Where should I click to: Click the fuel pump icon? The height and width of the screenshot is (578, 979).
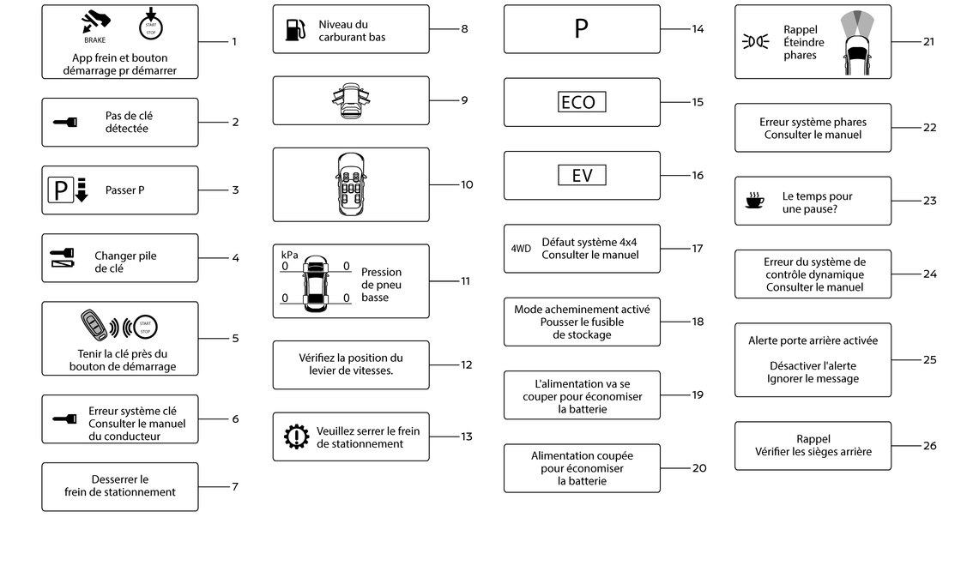(295, 29)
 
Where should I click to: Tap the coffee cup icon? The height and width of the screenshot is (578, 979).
(755, 201)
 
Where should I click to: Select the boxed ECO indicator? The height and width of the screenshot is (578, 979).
(581, 102)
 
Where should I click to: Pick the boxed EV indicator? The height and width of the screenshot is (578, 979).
(581, 176)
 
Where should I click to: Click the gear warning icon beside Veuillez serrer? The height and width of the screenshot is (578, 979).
(296, 437)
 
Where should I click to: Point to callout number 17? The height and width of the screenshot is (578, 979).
(698, 249)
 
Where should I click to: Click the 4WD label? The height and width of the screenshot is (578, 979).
(521, 249)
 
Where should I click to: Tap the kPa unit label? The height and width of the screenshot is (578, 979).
(289, 255)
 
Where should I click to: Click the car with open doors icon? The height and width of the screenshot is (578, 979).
(351, 100)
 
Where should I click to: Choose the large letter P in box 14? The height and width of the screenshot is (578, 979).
(581, 28)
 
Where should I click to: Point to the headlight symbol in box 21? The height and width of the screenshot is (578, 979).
(755, 42)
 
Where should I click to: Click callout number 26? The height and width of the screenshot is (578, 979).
(930, 446)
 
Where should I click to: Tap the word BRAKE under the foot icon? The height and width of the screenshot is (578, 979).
(95, 40)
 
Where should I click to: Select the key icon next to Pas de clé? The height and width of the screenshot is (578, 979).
(65, 122)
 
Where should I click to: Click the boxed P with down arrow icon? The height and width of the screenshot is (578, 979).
(69, 190)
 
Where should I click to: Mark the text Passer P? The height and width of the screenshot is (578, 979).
(125, 190)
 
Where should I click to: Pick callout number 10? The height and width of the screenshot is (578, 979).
(467, 184)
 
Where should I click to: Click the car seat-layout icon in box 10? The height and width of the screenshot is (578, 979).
(351, 184)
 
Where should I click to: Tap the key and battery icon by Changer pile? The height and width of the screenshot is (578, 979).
(63, 258)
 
